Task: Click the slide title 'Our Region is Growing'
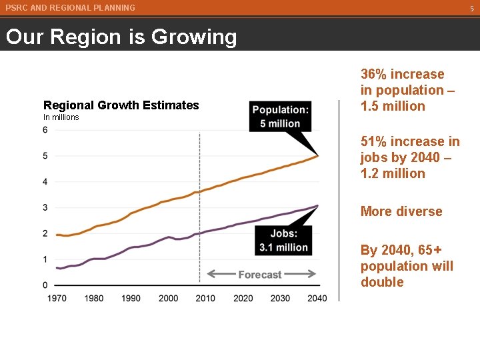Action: tap(121, 37)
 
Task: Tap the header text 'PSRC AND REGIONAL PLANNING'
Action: tap(70, 8)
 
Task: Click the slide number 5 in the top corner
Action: tap(471, 9)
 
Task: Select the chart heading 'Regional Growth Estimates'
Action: tap(121, 105)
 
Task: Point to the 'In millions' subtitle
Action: tap(61, 117)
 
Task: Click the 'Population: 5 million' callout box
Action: tap(280, 117)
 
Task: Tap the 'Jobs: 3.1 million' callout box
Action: tap(283, 241)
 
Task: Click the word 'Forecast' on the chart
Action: tap(260, 275)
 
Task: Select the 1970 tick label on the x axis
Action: tap(57, 298)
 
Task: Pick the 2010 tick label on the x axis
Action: tap(206, 298)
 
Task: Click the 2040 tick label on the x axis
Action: tap(317, 298)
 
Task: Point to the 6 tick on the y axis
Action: tap(45, 130)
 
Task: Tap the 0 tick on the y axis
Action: tap(45, 285)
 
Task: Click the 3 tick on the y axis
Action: tap(45, 207)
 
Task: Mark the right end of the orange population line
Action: tap(318, 155)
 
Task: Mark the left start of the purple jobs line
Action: tap(57, 268)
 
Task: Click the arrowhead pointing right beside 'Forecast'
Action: tap(312, 274)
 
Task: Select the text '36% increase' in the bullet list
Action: tap(402, 74)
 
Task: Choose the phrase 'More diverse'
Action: tap(401, 211)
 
